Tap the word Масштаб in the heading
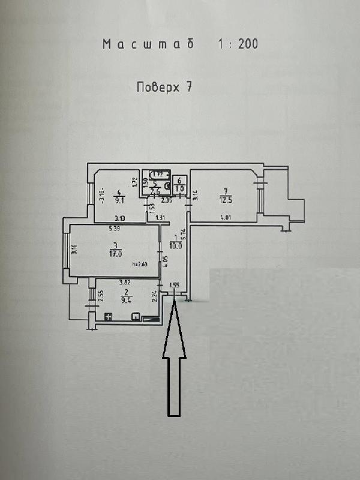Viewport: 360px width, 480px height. pyautogui.click(x=140, y=44)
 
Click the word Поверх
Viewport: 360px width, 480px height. pyautogui.click(x=157, y=86)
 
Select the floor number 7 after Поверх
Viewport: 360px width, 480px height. pyautogui.click(x=188, y=86)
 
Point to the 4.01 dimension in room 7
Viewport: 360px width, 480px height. pyautogui.click(x=226, y=217)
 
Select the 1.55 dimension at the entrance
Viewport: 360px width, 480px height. pyautogui.click(x=175, y=286)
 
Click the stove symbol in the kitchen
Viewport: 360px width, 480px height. pyautogui.click(x=108, y=316)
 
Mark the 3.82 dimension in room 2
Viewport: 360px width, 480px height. pyautogui.click(x=125, y=281)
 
